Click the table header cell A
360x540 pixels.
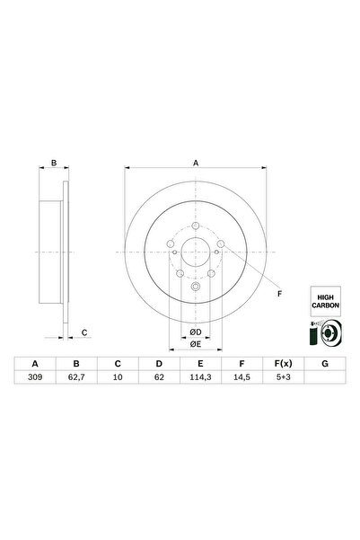click(x=35, y=364)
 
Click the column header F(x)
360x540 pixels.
click(x=280, y=364)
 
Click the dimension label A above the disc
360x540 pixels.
click(x=196, y=163)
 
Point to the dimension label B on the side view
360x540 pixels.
click(x=54, y=163)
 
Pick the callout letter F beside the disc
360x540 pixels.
click(x=279, y=294)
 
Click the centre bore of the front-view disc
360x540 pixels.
click(x=196, y=253)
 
